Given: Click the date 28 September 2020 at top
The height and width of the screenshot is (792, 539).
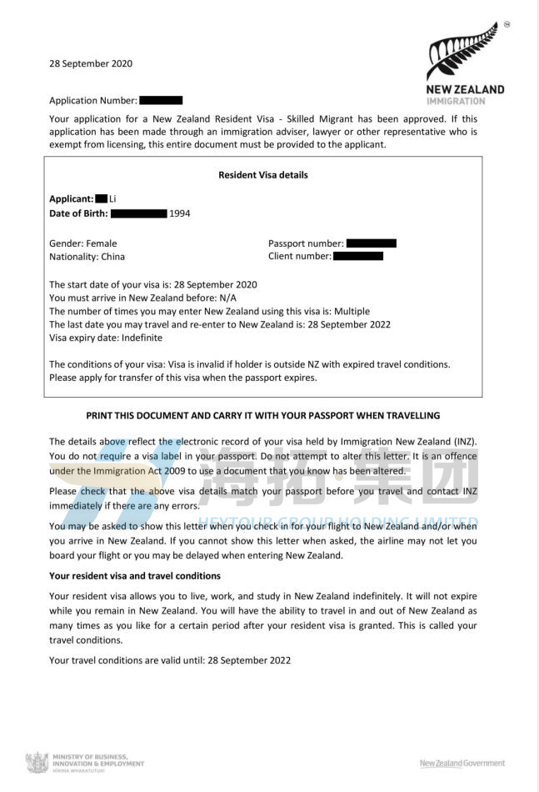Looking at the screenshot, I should coord(91,63).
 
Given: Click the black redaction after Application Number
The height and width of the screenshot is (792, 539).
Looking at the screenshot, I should coord(161,101).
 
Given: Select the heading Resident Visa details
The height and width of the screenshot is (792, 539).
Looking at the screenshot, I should coord(262,175).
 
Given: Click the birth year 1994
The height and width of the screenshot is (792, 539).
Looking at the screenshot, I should coord(179,213).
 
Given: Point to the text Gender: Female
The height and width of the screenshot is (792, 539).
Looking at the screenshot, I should coord(83,243).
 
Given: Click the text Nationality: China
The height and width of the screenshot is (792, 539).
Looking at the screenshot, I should coord(87,257).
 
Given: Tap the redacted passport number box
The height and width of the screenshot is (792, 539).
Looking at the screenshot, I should coord(371,243).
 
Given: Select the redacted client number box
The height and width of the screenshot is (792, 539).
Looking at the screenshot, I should coord(358,257).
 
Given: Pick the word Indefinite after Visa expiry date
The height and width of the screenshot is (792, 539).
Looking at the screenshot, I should coord(141,338).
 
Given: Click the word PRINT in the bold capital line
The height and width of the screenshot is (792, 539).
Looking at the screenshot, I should coord(102,415).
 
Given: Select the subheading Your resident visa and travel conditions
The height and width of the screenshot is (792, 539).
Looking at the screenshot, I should coord(135,576).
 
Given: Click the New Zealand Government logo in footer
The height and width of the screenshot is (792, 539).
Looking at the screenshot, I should coord(462,763).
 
